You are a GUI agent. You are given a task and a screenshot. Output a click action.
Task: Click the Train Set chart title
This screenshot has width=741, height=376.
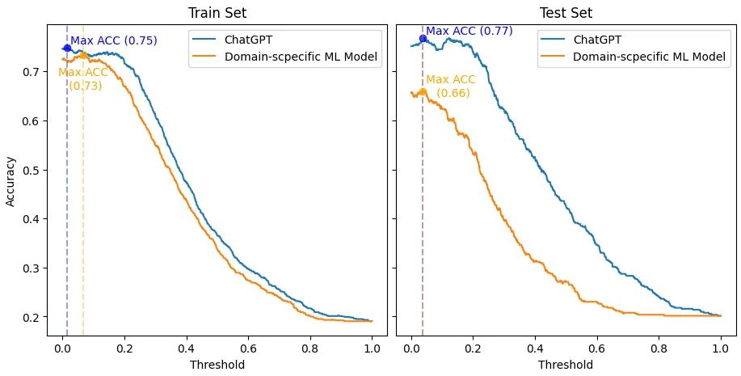click(x=217, y=13)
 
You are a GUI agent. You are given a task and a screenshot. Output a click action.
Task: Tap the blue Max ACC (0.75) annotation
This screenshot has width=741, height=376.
click(x=113, y=40)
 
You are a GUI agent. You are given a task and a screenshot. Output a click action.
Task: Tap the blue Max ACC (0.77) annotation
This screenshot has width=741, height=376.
click(x=469, y=31)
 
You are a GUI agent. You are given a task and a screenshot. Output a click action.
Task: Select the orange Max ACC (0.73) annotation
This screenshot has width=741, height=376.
click(x=83, y=79)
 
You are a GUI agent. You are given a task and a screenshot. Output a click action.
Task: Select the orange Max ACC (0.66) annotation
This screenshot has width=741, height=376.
click(x=450, y=86)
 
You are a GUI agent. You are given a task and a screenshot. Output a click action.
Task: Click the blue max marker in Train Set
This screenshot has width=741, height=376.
click(x=67, y=48)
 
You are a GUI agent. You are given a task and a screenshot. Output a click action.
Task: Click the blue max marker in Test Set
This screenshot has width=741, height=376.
click(x=423, y=38)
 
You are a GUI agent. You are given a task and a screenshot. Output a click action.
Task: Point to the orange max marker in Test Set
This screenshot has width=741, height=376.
click(x=423, y=91)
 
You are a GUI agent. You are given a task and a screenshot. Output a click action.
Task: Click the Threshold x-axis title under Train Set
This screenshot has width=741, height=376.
click(x=217, y=365)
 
